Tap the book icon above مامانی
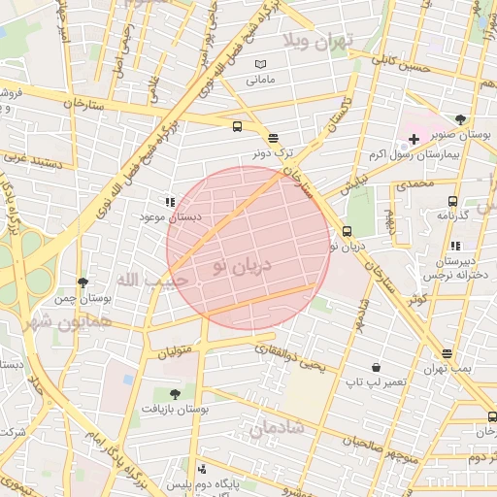point(259,64)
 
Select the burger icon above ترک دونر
point(273,138)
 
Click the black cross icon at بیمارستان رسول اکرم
point(414,140)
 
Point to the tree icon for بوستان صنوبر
point(460,120)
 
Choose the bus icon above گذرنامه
point(452,200)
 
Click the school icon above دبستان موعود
point(170,203)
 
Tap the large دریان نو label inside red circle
point(239,266)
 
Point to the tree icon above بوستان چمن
point(83,282)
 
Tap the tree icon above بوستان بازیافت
point(175,393)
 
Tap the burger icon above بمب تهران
point(447,354)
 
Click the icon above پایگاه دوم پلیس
point(202,468)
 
